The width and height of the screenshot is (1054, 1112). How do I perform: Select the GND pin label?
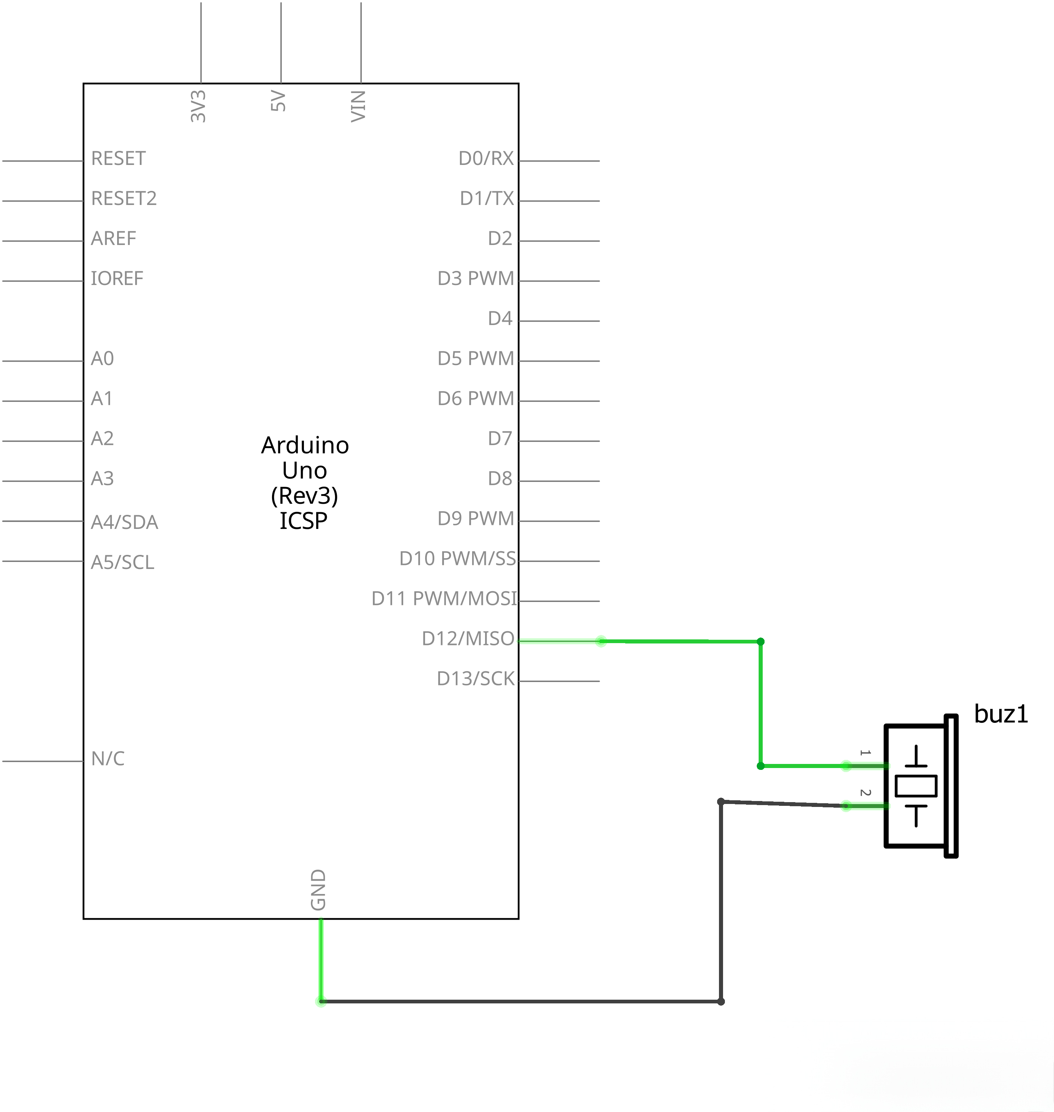pyautogui.click(x=318, y=890)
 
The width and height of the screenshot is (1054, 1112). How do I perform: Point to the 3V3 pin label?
pyautogui.click(x=198, y=106)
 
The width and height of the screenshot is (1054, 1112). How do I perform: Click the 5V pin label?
pyautogui.click(x=278, y=101)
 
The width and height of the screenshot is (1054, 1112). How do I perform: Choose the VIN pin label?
pyautogui.click(x=358, y=106)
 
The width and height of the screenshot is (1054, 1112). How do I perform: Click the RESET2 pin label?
pyautogui.click(x=124, y=198)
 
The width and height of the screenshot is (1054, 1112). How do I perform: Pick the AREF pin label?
pyautogui.click(x=113, y=238)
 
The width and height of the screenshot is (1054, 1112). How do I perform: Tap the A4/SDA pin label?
pyautogui.click(x=124, y=522)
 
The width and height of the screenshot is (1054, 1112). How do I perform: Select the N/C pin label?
pyautogui.click(x=108, y=758)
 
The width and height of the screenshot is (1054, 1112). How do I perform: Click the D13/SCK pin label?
pyautogui.click(x=475, y=679)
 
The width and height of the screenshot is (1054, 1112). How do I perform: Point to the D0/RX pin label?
pyautogui.click(x=486, y=158)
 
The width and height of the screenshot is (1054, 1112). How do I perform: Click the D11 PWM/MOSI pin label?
pyautogui.click(x=444, y=598)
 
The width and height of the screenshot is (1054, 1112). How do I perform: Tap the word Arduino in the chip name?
pyautogui.click(x=305, y=445)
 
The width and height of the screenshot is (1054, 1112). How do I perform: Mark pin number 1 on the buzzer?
pyautogui.click(x=865, y=752)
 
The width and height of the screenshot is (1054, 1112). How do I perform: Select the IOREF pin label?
pyautogui.click(x=117, y=278)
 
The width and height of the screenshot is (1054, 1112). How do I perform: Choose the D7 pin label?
pyautogui.click(x=500, y=438)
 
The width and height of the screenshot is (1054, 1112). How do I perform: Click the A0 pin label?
pyautogui.click(x=102, y=358)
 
